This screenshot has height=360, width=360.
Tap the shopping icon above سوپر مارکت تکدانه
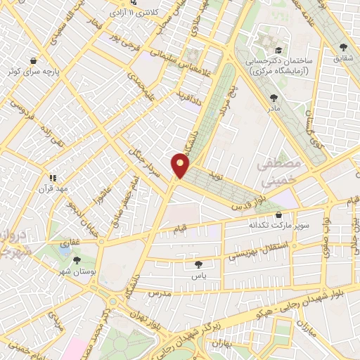click(280, 215)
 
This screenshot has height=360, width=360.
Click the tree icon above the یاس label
click(198, 264)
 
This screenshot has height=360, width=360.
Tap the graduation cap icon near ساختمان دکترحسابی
click(280, 51)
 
